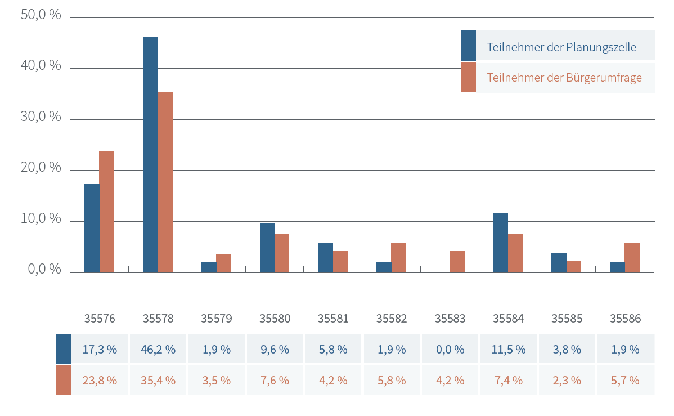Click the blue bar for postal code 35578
click(150, 154)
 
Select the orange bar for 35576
click(106, 212)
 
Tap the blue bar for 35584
click(500, 243)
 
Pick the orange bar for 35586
click(632, 258)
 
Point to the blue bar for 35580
click(267, 248)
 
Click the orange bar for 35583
click(457, 262)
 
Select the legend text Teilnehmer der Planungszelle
click(561, 47)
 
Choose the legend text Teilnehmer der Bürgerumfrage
click(564, 78)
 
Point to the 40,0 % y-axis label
click(41, 65)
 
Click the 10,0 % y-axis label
click(41, 218)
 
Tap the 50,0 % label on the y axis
click(41, 15)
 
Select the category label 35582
click(392, 319)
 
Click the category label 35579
click(217, 319)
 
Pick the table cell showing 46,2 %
click(158, 349)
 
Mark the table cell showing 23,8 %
click(100, 381)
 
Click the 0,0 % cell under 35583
click(450, 349)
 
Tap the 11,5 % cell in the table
click(509, 349)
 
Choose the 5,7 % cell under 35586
click(626, 381)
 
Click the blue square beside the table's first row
click(64, 349)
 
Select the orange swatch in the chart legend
click(469, 77)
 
